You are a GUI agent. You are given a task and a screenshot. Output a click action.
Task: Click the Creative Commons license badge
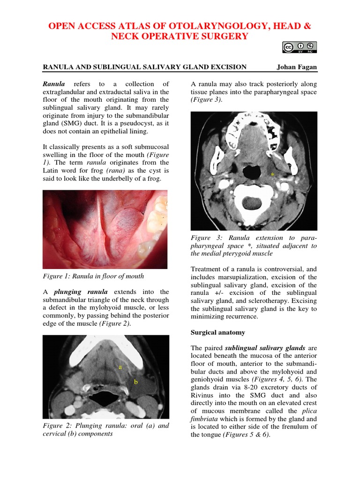[x=300, y=47]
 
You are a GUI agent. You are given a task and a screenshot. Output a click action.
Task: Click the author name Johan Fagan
[x=297, y=67]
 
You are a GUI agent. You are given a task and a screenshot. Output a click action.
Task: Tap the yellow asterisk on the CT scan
[x=272, y=175]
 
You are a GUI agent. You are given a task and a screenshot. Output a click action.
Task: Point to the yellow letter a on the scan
[x=120, y=367]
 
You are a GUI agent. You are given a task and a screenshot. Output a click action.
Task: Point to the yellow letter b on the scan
[x=136, y=382]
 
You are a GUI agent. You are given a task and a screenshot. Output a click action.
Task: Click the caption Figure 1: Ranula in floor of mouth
[x=93, y=276]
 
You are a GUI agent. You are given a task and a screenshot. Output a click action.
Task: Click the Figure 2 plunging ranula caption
[x=106, y=429]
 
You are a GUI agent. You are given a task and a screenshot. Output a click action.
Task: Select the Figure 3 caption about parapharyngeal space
[x=254, y=246]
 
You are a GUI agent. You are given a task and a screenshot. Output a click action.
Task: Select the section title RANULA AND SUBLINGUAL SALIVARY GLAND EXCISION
[x=145, y=67]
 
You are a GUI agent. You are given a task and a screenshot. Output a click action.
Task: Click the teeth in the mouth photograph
[x=157, y=220]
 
